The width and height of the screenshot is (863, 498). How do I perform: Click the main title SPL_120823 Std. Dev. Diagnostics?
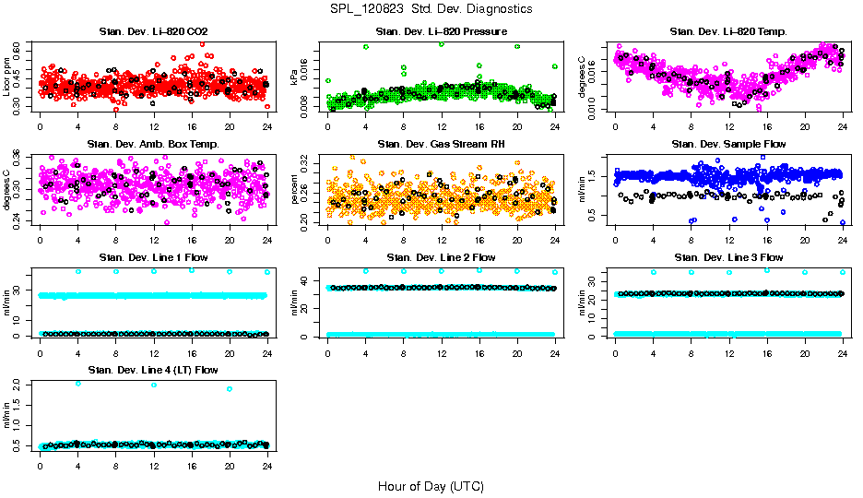pos(431,8)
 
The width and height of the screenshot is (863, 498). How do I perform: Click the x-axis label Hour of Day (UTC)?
pos(431,485)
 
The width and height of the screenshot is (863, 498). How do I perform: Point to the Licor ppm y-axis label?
pos(7,78)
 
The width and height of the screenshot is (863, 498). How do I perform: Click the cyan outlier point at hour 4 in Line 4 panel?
pos(78,383)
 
